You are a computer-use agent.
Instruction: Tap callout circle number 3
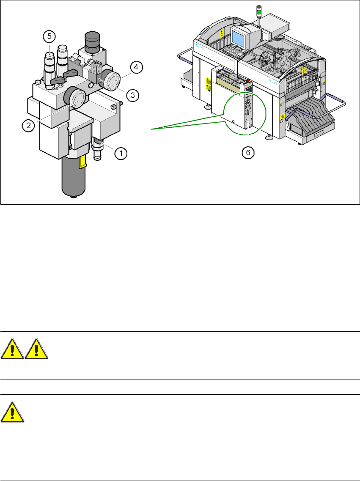click(x=132, y=95)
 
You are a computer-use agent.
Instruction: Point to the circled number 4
click(x=136, y=66)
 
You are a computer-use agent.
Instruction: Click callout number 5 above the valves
click(x=49, y=37)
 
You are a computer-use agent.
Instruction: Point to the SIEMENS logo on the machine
click(x=199, y=44)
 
